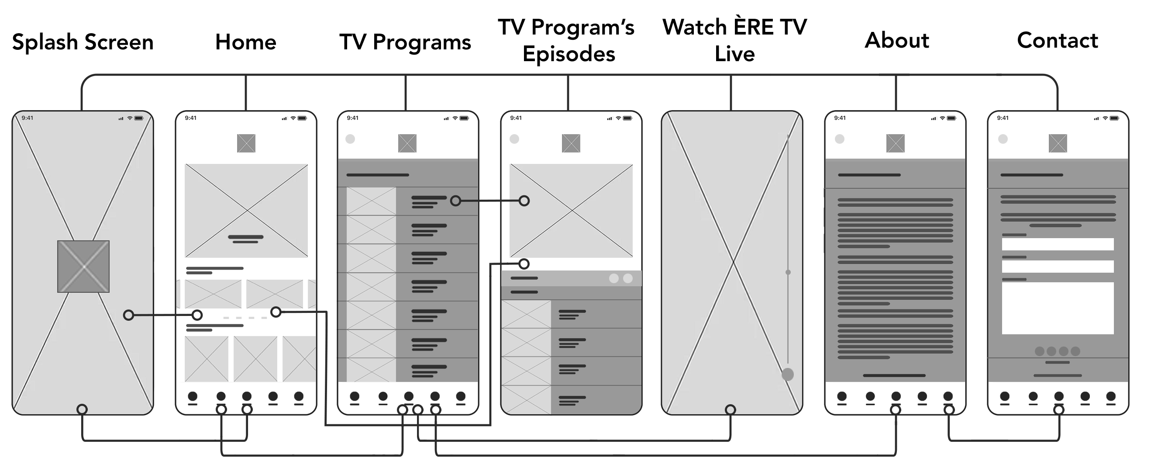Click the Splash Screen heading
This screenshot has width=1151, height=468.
pyautogui.click(x=83, y=42)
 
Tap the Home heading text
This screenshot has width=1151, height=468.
pyautogui.click(x=246, y=42)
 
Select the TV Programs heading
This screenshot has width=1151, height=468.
pyautogui.click(x=405, y=42)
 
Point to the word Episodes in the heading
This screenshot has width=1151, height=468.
pyautogui.click(x=569, y=55)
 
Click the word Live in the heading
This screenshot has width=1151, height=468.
pyautogui.click(x=734, y=54)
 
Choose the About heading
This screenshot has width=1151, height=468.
pyautogui.click(x=897, y=41)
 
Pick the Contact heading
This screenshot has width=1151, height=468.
pyautogui.click(x=1058, y=41)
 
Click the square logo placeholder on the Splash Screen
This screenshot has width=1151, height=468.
pyautogui.click(x=83, y=267)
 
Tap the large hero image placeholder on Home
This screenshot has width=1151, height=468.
pyautogui.click(x=246, y=211)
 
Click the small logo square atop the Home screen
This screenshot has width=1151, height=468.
pyautogui.click(x=246, y=143)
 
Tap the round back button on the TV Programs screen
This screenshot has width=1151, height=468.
pyautogui.click(x=350, y=139)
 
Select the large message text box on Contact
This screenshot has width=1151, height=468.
pyautogui.click(x=1058, y=308)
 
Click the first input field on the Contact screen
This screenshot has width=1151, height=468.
pyautogui.click(x=1058, y=244)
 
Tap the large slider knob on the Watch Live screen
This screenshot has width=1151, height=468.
pyautogui.click(x=788, y=374)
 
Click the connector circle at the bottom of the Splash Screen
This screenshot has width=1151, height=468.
pyautogui.click(x=82, y=409)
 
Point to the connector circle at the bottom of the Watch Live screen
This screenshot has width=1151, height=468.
pyautogui.click(x=731, y=409)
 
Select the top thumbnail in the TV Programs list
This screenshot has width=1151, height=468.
pyautogui.click(x=371, y=201)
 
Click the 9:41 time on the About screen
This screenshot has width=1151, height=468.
pyautogui.click(x=840, y=118)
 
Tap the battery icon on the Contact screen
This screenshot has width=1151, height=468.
pyautogui.click(x=1114, y=118)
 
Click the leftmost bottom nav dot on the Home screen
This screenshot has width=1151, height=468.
pyautogui.click(x=193, y=396)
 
